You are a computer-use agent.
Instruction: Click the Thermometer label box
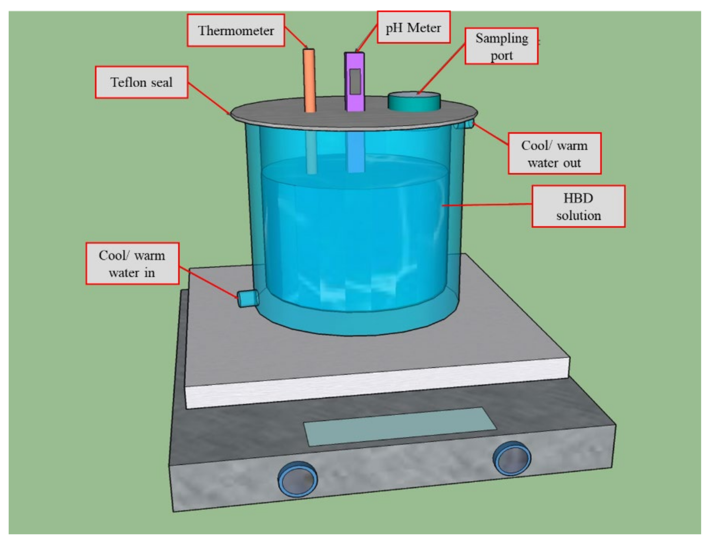point(235,30)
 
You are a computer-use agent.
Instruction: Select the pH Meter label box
point(413,27)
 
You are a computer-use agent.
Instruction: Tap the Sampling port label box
point(501,46)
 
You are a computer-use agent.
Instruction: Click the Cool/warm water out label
point(554,154)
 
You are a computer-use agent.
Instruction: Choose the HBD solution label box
point(578,206)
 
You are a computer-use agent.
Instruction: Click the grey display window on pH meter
point(355,81)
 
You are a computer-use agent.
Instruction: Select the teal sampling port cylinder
point(414,103)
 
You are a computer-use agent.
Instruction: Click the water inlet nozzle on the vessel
point(247,299)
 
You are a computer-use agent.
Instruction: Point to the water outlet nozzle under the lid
point(465,124)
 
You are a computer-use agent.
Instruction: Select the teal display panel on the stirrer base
point(399,427)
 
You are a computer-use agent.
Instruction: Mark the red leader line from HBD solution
point(488,204)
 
